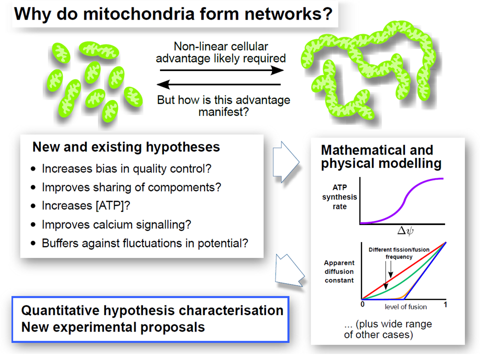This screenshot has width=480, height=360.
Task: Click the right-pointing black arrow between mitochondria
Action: pos(220,71)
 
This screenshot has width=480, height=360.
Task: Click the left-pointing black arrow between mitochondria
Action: pos(220,84)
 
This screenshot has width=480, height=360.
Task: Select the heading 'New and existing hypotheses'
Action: pos(126,147)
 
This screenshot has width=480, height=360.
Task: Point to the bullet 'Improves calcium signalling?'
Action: pos(116,224)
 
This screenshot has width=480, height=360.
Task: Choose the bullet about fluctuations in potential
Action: pos(145,243)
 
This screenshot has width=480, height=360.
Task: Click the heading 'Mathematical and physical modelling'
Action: pos(381,156)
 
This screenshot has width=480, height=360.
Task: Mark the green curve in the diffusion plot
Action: pos(400,285)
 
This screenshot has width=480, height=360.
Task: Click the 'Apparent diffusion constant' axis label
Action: pos(339,271)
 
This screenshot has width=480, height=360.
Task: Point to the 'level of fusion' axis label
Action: pos(402,306)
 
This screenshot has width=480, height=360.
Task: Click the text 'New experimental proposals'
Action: pos(113,327)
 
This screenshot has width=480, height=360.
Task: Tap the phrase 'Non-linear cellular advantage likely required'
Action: pos(220,52)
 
